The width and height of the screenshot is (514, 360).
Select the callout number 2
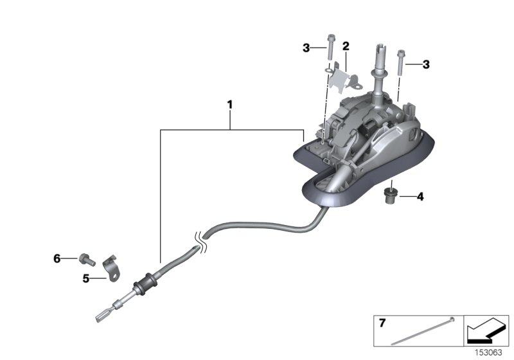[x=345, y=46]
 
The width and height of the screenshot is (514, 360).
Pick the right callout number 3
[x=425, y=64]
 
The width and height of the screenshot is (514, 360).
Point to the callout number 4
[x=420, y=196]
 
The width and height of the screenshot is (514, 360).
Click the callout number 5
[x=85, y=278]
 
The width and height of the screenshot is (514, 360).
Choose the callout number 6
[x=57, y=258]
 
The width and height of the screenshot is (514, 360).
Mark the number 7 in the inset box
[x=382, y=323]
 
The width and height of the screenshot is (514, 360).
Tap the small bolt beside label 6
[x=84, y=258]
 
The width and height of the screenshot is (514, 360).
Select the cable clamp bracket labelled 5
[x=112, y=267]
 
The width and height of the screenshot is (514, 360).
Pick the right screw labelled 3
[x=401, y=62]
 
